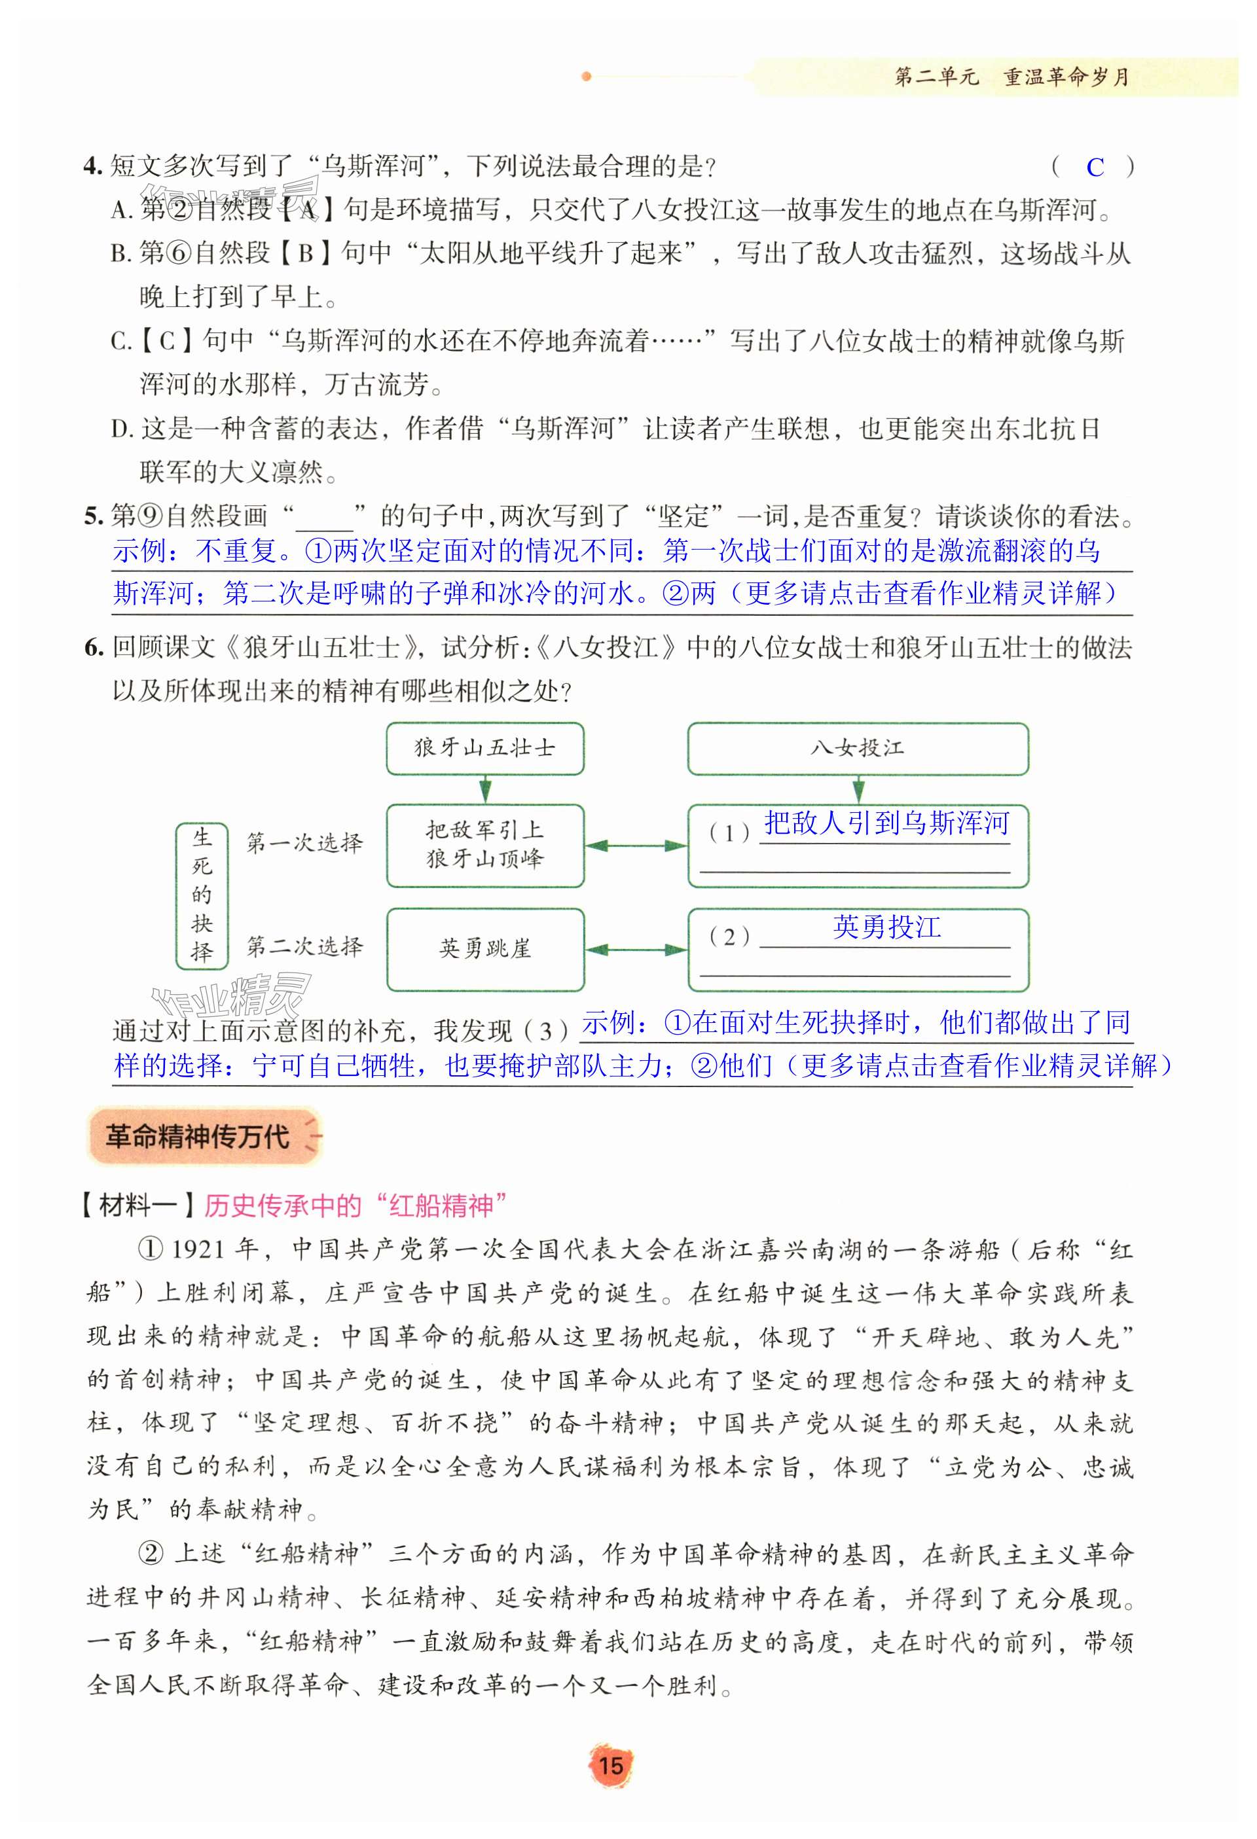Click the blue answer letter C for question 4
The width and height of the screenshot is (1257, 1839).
coord(1095,167)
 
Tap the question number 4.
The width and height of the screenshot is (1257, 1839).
coord(92,166)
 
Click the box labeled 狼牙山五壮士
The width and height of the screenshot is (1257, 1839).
coord(484,748)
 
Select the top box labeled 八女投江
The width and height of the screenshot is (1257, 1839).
coord(857,748)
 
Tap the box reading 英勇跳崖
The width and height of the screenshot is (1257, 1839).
coord(484,949)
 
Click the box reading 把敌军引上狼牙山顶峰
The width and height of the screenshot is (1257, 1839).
coord(484,845)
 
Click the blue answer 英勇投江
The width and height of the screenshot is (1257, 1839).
coord(886,927)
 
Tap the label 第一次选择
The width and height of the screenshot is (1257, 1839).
coord(304,843)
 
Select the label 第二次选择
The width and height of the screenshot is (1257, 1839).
coord(304,946)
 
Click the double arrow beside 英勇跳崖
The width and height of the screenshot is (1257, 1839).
coord(636,950)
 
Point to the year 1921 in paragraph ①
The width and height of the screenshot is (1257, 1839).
coord(197,1249)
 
